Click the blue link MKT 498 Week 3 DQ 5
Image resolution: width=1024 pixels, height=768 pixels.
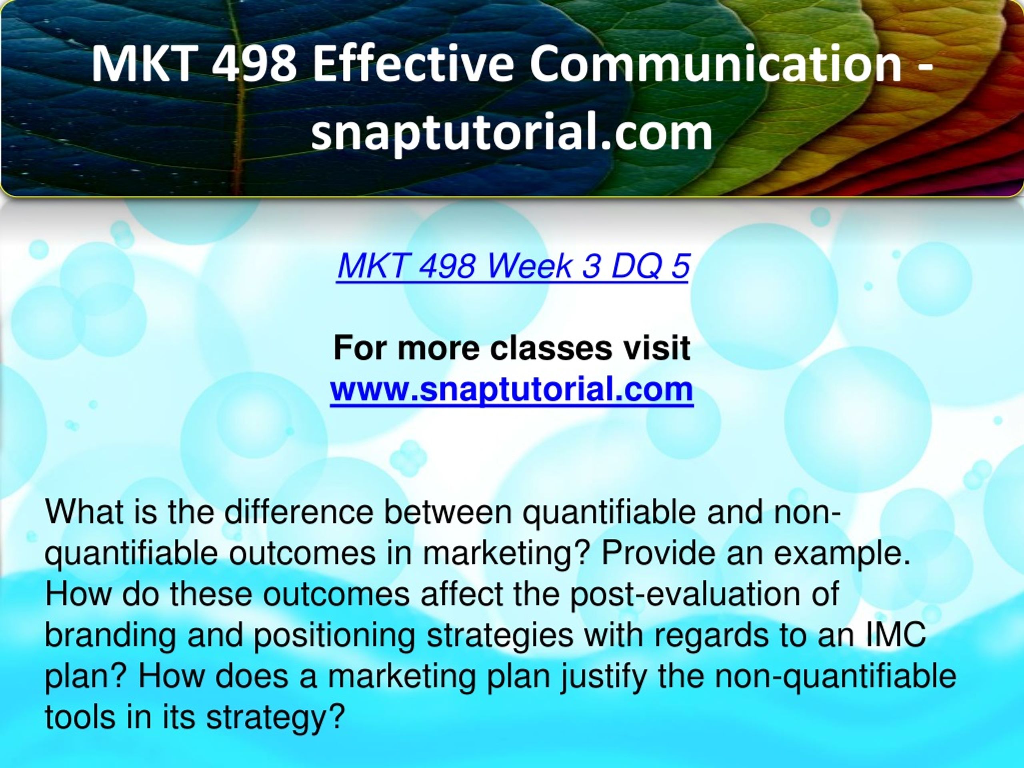pos(513,266)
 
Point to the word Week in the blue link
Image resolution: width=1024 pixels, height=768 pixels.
pos(529,266)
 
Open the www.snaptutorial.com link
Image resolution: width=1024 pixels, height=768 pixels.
pos(512,390)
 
